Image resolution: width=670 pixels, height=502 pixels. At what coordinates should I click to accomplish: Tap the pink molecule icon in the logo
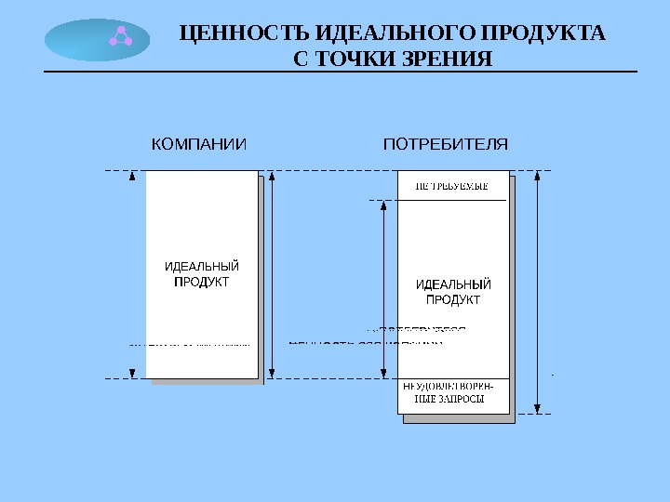120,37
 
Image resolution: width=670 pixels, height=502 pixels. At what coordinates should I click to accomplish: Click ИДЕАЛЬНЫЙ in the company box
202,267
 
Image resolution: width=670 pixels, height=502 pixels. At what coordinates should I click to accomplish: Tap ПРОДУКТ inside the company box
202,281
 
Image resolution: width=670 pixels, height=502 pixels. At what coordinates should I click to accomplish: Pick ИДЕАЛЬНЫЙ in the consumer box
453,284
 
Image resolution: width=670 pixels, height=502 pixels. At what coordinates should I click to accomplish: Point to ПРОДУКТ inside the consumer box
453,299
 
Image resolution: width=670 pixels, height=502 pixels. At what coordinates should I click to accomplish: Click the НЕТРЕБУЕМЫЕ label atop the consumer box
451,186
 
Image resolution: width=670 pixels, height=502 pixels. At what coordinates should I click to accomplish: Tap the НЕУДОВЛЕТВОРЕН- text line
450,387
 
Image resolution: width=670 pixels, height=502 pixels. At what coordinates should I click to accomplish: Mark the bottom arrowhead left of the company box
132,374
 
